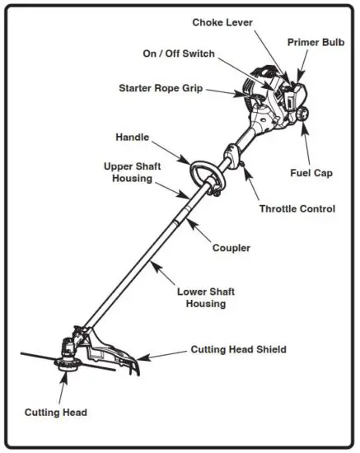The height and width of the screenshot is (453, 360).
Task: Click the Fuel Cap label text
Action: pos(311,173)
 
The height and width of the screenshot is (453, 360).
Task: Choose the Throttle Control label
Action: pos(297,209)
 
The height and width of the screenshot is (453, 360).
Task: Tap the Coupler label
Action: pos(231,247)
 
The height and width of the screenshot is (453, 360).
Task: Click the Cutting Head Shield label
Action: pos(239,350)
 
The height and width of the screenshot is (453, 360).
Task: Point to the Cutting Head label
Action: pos(55,412)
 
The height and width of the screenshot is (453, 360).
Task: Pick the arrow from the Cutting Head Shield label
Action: pos(164,354)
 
